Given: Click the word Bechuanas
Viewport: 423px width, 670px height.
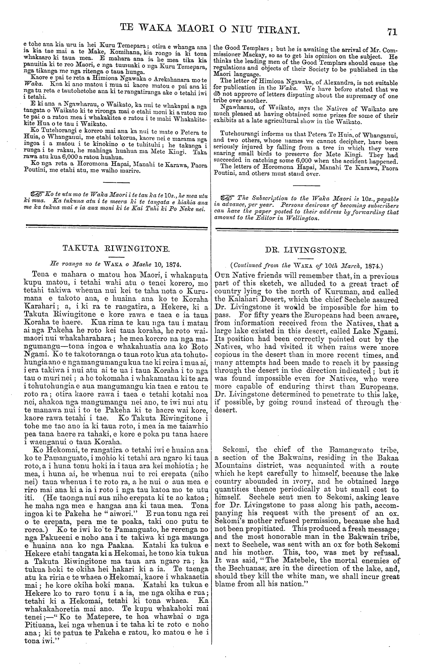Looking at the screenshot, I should [x=238, y=569].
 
